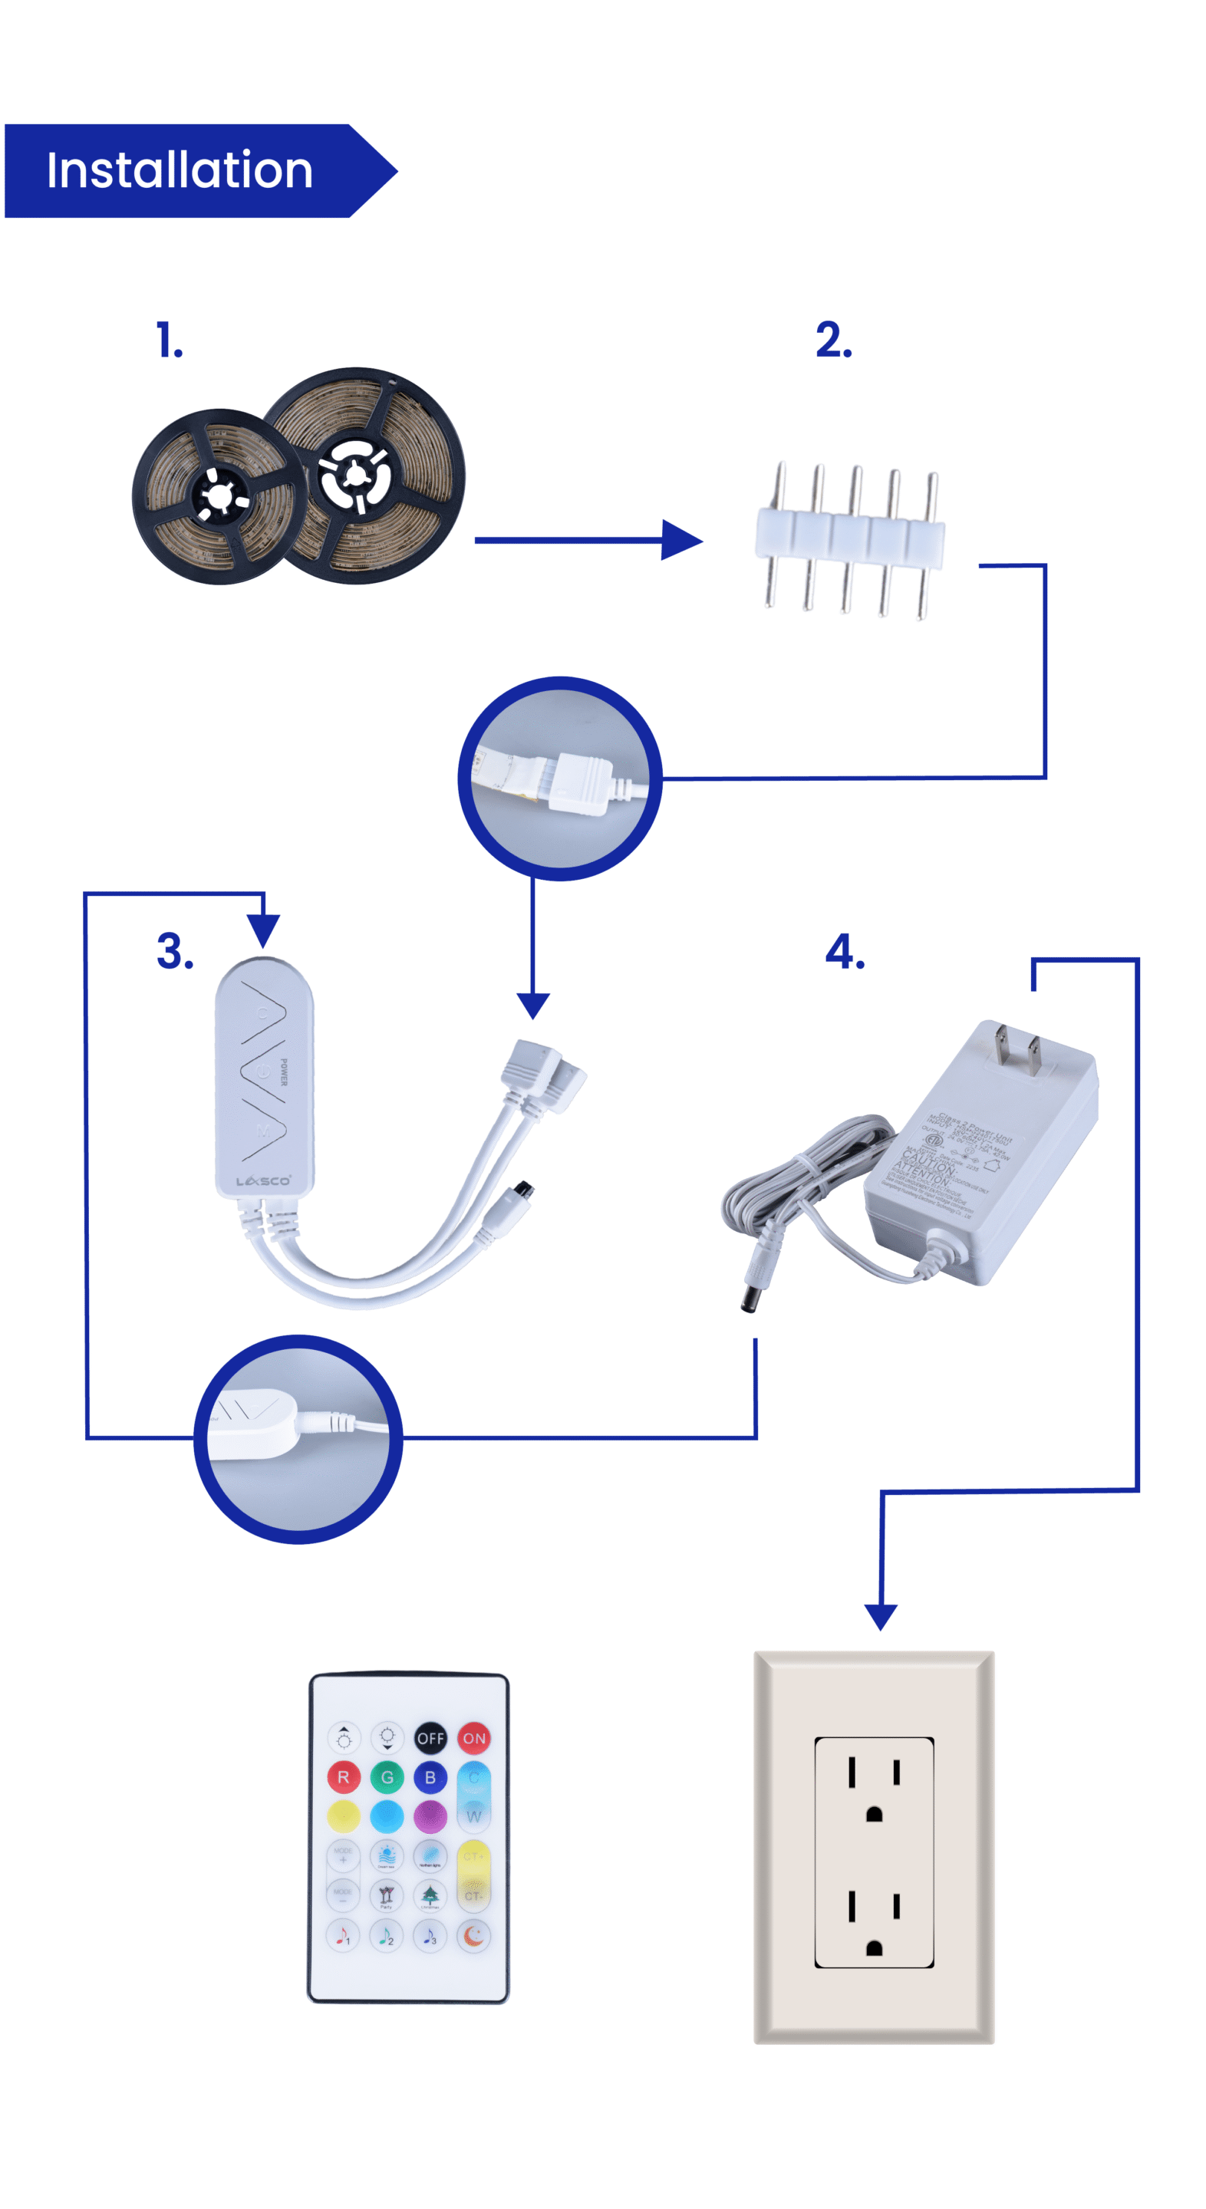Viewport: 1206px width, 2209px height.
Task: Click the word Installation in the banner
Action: (180, 170)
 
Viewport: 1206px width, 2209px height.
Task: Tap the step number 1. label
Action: (169, 341)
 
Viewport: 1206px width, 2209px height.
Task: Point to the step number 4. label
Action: (844, 952)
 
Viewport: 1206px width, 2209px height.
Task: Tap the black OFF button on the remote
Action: (430, 1738)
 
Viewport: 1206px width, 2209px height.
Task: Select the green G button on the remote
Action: (387, 1778)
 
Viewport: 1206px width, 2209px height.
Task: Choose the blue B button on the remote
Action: (430, 1778)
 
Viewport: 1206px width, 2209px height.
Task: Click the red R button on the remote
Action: (343, 1778)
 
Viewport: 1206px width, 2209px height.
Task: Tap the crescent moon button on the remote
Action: (473, 1935)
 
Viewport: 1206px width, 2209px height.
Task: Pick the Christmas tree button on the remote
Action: (430, 1895)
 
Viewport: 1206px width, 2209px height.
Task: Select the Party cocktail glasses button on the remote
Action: (386, 1895)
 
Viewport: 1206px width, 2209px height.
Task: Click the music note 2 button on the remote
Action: (387, 1935)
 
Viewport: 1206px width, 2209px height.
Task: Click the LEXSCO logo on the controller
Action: (263, 1181)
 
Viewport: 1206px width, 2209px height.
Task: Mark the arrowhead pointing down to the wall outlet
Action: (880, 1615)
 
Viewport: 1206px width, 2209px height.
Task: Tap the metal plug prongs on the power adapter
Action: (1017, 1052)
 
